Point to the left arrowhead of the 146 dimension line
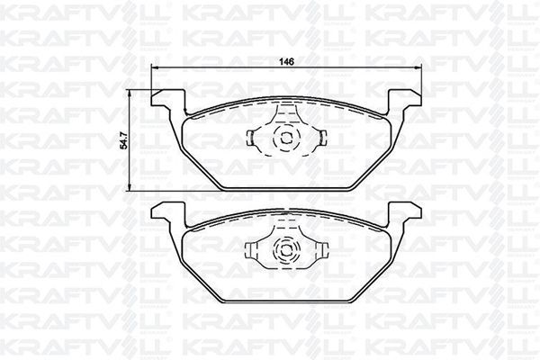tap(154, 69)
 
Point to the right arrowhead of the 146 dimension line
tap(419, 69)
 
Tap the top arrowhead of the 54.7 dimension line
tap(131, 91)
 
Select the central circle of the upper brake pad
tap(286, 139)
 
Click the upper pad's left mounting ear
tap(165, 97)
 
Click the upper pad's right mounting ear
tap(408, 97)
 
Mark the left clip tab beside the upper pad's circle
tap(252, 138)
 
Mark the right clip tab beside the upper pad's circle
tap(321, 138)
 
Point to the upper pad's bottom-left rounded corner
tap(223, 185)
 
